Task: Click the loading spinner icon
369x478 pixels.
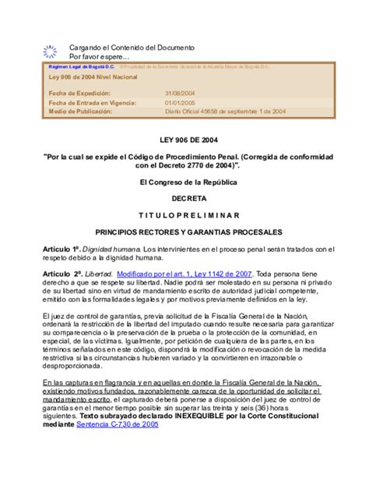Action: pyautogui.click(x=50, y=52)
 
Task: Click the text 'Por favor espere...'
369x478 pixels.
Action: pyautogui.click(x=100, y=58)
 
